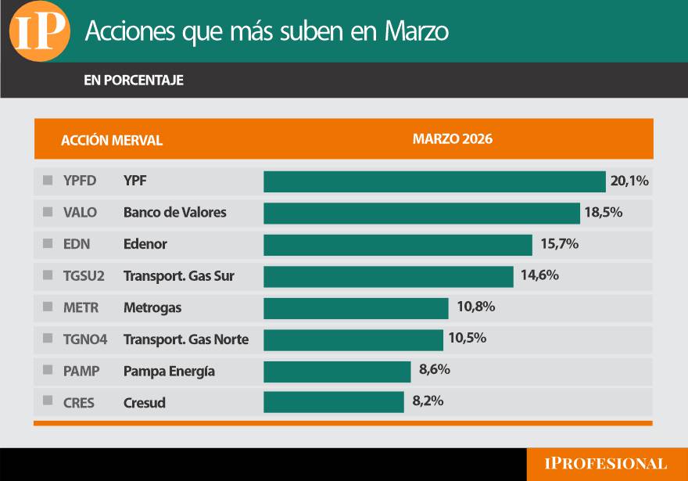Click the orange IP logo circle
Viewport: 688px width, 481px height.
tap(40, 32)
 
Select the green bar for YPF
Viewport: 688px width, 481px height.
tap(434, 181)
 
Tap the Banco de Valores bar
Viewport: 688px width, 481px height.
tap(421, 213)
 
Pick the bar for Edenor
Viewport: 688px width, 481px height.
tap(397, 245)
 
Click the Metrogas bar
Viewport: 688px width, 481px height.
tap(356, 308)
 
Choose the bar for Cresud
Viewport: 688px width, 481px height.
tap(333, 402)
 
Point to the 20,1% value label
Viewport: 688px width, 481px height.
tap(629, 181)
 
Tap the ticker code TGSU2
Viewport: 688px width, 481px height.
tap(83, 276)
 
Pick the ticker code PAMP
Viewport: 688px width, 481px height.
tap(81, 372)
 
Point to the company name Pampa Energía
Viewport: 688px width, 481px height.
tap(169, 372)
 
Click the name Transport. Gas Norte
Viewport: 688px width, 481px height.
tap(186, 339)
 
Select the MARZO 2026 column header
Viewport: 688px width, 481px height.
tap(453, 139)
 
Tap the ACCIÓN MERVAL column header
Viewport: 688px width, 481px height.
tap(112, 141)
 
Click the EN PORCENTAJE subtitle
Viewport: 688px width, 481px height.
tap(134, 81)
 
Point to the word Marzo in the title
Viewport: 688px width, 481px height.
tap(417, 32)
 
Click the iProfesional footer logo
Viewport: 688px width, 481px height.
tap(606, 464)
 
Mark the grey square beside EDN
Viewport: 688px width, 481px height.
tap(48, 244)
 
